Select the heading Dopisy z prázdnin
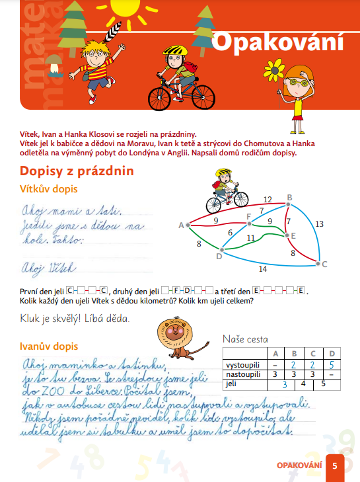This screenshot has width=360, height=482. click(x=77, y=171)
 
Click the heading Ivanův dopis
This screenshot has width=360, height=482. click(x=50, y=346)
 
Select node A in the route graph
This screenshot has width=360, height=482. click(x=188, y=225)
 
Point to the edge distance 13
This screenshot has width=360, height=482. click(x=320, y=224)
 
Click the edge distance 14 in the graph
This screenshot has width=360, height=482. click(x=263, y=269)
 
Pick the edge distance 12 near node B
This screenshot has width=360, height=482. click(x=267, y=199)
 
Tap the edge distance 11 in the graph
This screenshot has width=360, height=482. click(x=250, y=238)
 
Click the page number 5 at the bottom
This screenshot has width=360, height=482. click(x=335, y=465)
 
